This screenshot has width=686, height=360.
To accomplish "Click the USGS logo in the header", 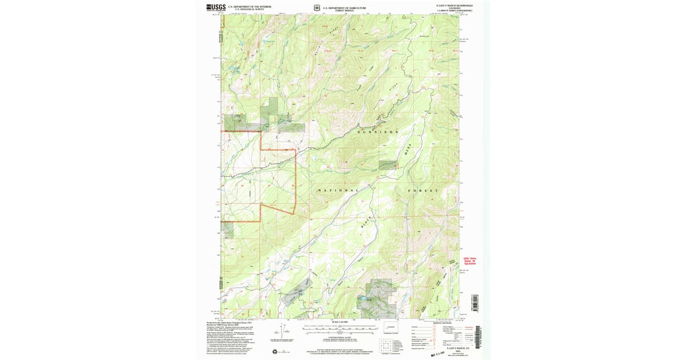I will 216,7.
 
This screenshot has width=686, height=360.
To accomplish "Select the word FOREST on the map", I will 423,190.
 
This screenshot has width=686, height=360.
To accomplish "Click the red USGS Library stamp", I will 469,259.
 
